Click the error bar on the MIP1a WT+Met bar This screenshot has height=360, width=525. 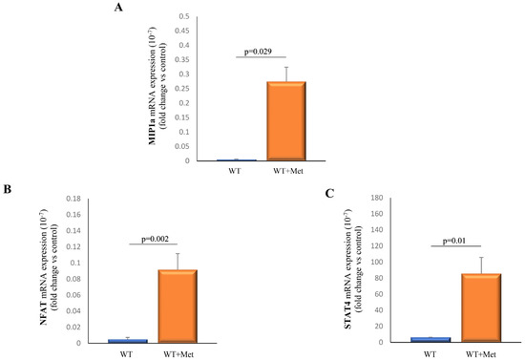point(285,74)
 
